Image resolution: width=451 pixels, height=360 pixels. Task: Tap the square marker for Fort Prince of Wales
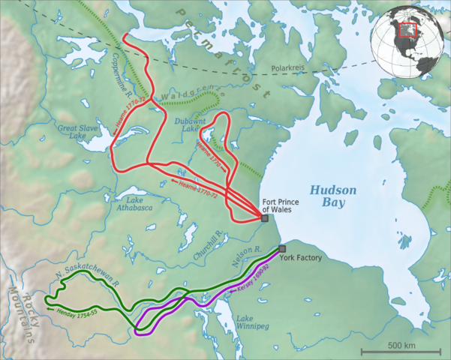pyautogui.click(x=264, y=218)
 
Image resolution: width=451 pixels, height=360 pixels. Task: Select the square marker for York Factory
pyautogui.click(x=282, y=249)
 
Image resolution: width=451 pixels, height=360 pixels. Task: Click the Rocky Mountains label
pyautogui.click(x=23, y=315)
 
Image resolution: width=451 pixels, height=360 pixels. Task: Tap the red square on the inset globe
pyautogui.click(x=407, y=29)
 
